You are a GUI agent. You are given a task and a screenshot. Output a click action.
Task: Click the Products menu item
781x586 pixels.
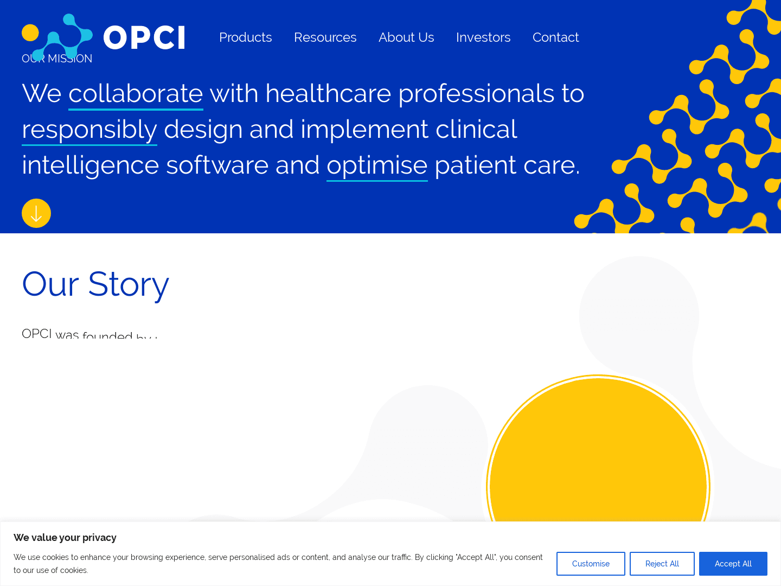[x=245, y=37]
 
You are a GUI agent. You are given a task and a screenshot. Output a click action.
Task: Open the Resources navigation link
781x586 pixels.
[x=325, y=37]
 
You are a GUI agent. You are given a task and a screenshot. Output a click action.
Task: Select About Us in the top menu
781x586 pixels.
[x=406, y=37]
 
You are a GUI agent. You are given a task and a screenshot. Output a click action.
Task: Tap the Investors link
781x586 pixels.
[x=483, y=37]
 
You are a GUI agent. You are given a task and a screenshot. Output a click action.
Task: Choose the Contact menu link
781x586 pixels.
[x=555, y=37]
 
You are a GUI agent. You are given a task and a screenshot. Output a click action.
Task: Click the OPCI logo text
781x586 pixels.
[x=144, y=38]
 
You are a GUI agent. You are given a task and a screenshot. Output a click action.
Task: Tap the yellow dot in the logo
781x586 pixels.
[x=30, y=33]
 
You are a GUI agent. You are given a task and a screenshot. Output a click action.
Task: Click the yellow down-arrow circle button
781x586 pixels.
[x=36, y=213]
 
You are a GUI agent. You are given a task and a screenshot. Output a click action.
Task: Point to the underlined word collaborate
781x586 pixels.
[x=136, y=93]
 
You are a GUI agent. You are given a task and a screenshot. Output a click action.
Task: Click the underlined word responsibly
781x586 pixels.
[x=89, y=129]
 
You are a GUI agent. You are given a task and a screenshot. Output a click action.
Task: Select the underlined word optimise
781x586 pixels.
[x=377, y=165]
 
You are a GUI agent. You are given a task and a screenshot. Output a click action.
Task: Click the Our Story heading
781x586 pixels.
[x=95, y=284]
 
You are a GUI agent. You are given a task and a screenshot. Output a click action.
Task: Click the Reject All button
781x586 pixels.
[x=662, y=564]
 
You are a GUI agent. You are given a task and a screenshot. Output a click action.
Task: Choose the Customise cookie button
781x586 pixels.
[x=591, y=564]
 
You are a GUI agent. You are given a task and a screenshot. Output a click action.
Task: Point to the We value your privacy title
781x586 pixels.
[x=65, y=538]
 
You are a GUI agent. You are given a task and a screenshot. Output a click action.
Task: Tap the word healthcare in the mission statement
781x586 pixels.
[x=328, y=93]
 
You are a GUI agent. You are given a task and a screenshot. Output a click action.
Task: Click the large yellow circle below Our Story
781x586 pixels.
[x=598, y=461]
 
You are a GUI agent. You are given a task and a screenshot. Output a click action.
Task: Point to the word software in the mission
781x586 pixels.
[x=217, y=165]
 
